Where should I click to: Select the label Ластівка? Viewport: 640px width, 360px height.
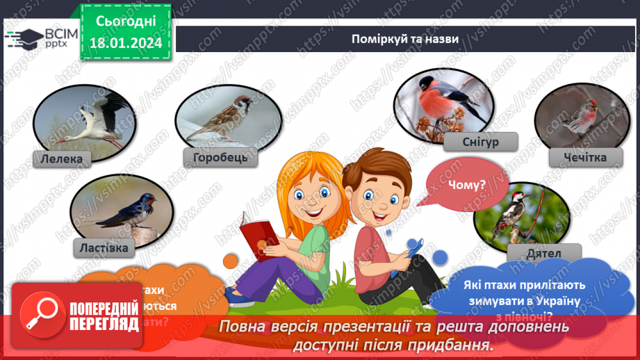pos(105,247)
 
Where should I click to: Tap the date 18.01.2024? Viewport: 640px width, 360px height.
pos(126,42)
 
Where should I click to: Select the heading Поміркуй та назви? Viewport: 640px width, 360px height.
pos(404,39)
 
